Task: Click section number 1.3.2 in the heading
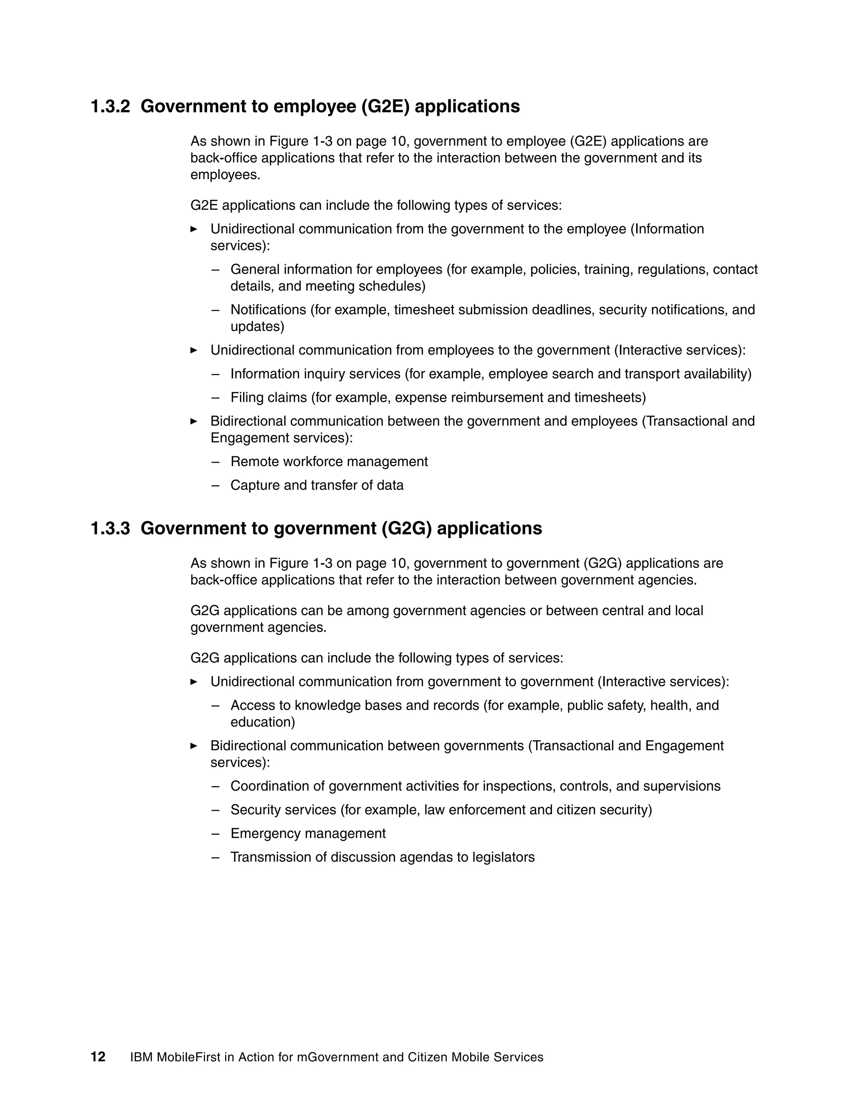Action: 110,107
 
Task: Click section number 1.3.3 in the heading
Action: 110,528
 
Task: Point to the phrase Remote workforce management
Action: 329,462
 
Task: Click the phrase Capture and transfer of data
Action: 317,485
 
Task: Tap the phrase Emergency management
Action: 308,833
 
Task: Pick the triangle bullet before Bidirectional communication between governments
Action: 194,745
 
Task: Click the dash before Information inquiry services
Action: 215,374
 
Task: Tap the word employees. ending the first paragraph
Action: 225,175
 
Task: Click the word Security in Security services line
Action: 254,810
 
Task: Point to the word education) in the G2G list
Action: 263,722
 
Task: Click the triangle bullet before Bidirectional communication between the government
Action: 194,421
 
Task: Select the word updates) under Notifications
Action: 258,327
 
